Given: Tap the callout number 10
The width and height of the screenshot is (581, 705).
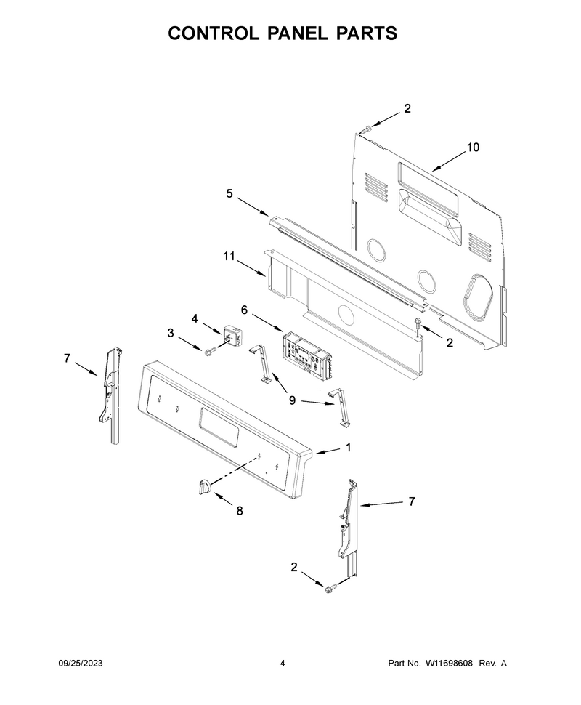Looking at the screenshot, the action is (473, 147).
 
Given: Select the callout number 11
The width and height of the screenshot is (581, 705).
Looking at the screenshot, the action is (229, 257).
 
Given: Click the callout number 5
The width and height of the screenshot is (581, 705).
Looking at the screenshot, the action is (229, 194).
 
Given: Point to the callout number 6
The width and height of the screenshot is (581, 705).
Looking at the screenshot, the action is (245, 310).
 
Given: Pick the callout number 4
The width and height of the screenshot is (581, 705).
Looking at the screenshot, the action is (195, 319).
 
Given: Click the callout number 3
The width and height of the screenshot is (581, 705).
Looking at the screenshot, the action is (171, 333).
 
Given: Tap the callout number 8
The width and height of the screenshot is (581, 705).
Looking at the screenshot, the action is (240, 511).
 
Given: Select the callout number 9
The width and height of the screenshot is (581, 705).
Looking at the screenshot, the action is (292, 400).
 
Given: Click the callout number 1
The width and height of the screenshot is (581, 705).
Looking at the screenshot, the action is (349, 448).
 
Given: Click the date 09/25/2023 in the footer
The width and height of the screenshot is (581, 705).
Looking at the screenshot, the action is (81, 663).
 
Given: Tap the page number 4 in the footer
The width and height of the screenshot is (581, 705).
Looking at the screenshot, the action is (283, 663).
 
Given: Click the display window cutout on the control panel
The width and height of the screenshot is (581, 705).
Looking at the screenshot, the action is (217, 427).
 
